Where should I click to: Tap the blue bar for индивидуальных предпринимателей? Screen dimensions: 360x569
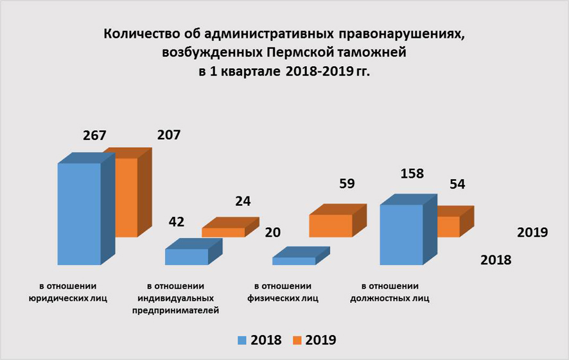[x=186, y=257]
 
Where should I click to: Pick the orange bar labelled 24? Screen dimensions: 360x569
[x=223, y=232]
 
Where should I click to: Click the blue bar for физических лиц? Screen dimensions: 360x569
[x=293, y=261]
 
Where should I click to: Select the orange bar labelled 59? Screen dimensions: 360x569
[x=330, y=225]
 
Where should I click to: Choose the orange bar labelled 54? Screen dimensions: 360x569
[x=448, y=226]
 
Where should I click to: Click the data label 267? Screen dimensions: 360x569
[x=94, y=136]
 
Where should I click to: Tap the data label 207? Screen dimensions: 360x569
[x=169, y=135]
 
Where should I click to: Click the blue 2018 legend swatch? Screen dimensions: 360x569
[x=242, y=340]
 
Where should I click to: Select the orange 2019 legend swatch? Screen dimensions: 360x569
[x=297, y=340]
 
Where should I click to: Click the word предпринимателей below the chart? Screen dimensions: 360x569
[x=175, y=311]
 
